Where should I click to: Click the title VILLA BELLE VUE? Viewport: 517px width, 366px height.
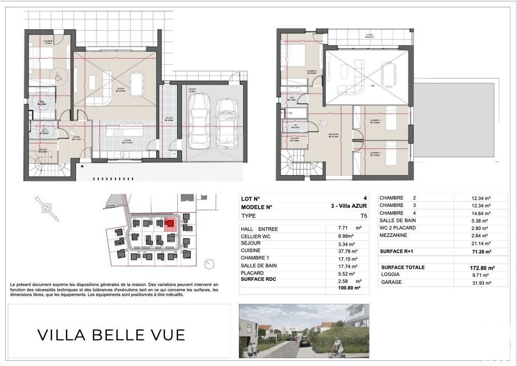[111, 334]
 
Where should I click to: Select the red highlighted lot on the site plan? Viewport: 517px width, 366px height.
[170, 224]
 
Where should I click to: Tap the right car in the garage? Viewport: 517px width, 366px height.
[226, 123]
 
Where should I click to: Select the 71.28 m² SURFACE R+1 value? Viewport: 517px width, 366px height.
[476, 251]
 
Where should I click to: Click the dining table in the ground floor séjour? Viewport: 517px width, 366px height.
[136, 84]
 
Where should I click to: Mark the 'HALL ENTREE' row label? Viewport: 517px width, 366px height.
[259, 228]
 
